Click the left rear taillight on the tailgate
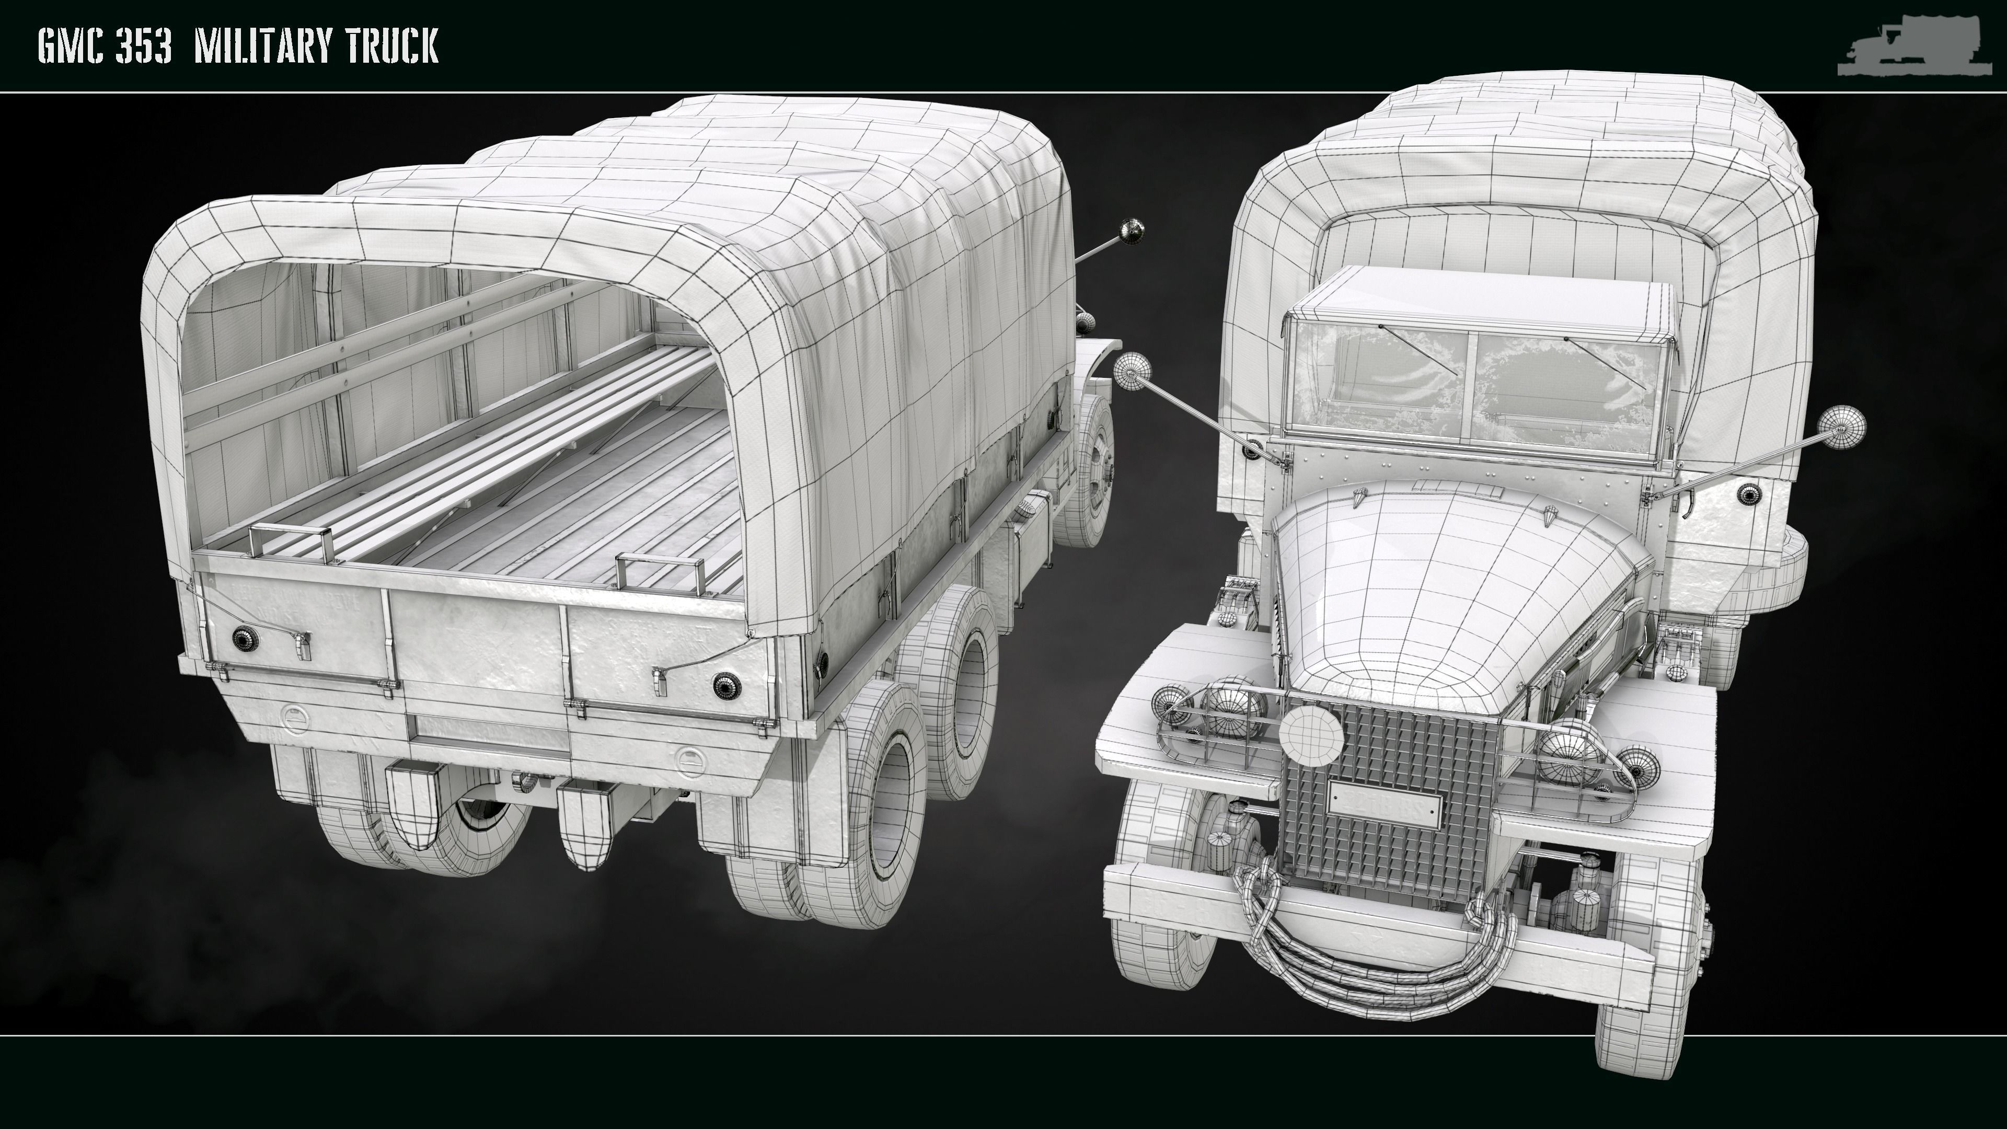(x=246, y=638)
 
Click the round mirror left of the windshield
(x=1131, y=371)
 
